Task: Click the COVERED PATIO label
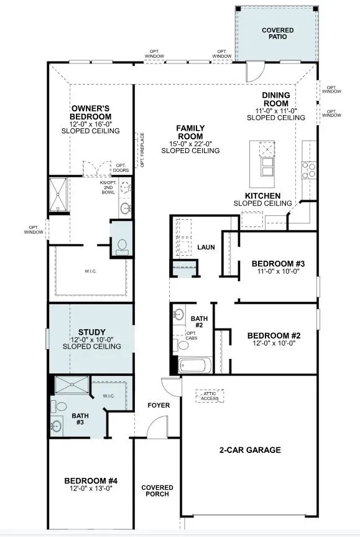coord(277,34)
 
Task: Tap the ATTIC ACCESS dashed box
coord(210,396)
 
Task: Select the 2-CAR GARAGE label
coord(249,450)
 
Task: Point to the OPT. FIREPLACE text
coord(142,150)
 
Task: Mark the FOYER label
coord(159,406)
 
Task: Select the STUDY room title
coord(91,332)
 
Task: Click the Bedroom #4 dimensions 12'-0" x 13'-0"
coord(91,488)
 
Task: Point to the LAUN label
coord(206,247)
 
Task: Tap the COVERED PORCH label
coord(157,492)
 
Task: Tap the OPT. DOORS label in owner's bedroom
coord(121,168)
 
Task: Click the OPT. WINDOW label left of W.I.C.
coord(34,229)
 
